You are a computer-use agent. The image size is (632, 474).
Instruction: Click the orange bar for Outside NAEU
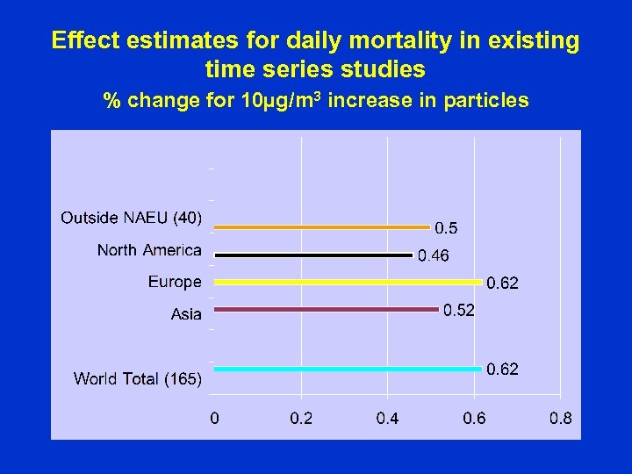pos(322,227)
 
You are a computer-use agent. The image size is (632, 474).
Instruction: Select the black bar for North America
pos(313,255)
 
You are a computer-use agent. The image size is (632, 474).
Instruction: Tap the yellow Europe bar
pos(348,283)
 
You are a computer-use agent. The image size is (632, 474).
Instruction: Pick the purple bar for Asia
pos(326,309)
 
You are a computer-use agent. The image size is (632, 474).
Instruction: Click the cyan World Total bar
pos(348,369)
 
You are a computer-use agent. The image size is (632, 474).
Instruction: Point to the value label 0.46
pos(433,256)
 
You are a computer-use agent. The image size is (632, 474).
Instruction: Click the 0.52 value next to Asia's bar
pos(458,310)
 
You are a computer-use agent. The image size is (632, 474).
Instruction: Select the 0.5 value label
pos(446,228)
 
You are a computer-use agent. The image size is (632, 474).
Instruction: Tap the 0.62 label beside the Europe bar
pos(502,284)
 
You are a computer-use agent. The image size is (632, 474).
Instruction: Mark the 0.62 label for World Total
pos(502,370)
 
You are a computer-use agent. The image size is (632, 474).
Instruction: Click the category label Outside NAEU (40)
pos(131,218)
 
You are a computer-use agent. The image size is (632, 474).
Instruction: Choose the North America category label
pos(149,250)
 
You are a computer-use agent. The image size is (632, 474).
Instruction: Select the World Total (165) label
pos(138,379)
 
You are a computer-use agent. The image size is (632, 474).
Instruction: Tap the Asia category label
pos(186,314)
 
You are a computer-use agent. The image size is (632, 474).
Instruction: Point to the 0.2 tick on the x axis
pos(301,419)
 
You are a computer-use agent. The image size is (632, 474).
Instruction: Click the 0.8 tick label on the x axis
pos(560,419)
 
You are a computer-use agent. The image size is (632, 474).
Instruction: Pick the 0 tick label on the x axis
pos(214,419)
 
